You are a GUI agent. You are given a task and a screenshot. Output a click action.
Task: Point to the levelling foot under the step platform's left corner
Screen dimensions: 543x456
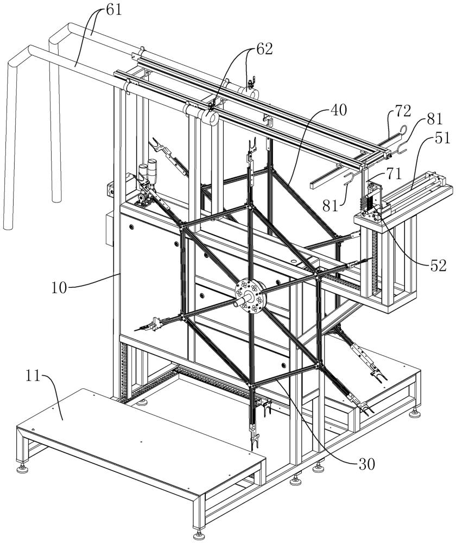click(23, 468)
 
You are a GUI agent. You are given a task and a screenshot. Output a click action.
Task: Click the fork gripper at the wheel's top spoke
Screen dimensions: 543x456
click(250, 147)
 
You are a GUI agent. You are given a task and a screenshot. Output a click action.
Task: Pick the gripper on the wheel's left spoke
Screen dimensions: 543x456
click(151, 326)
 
